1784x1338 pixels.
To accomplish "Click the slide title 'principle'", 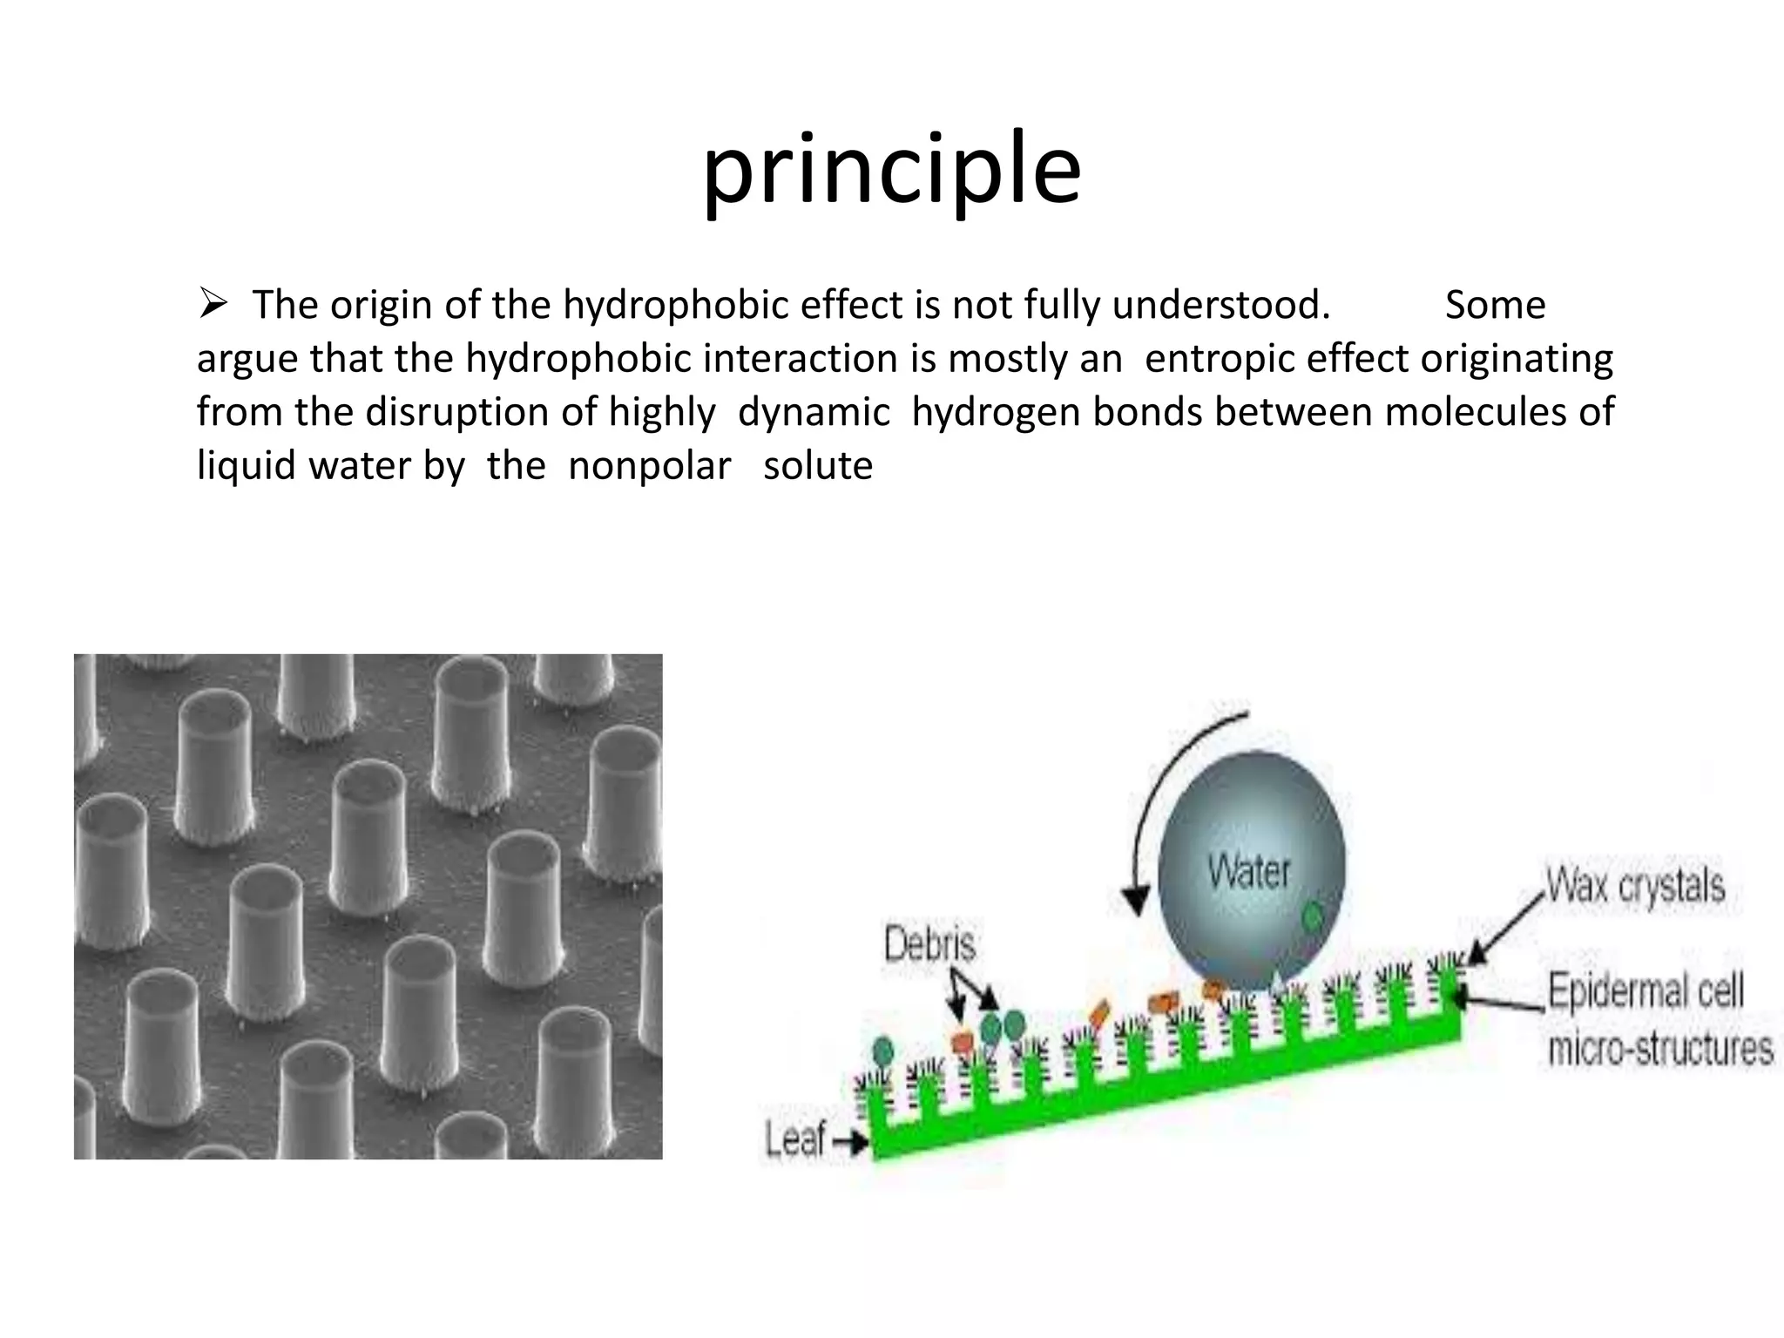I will click(892, 170).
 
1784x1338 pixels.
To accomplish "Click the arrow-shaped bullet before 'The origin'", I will click(213, 305).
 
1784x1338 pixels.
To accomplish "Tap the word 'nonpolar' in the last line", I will click(649, 466).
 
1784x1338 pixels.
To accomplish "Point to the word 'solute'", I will click(818, 466).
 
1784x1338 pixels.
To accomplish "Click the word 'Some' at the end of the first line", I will click(1495, 306).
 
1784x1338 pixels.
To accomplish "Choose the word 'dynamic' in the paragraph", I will click(814, 412).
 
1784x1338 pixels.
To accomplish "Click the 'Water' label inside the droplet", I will click(1248, 871).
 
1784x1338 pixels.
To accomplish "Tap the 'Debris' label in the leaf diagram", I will click(929, 944).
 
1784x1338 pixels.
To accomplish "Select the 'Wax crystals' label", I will click(1635, 886).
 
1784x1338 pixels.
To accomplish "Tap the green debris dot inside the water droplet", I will click(1312, 916).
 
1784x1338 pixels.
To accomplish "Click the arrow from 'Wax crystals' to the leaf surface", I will click(1507, 929).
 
